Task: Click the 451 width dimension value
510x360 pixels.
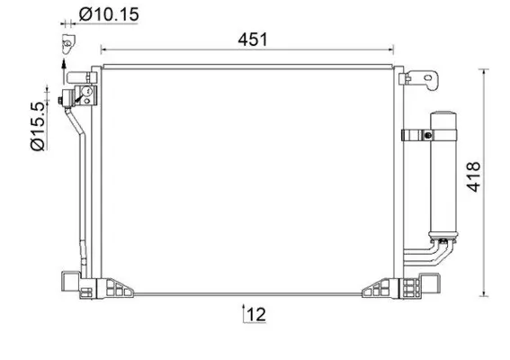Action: pos(253,39)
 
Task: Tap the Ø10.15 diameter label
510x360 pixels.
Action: pos(107,14)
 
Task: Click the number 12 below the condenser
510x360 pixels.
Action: pos(255,315)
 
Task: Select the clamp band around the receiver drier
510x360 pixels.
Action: pos(419,137)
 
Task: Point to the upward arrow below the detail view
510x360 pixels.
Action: pos(64,64)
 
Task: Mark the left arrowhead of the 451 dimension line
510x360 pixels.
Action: pos(103,49)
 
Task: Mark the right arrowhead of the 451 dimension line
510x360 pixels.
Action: pos(391,49)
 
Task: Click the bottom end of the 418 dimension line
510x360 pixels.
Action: pos(487,293)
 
